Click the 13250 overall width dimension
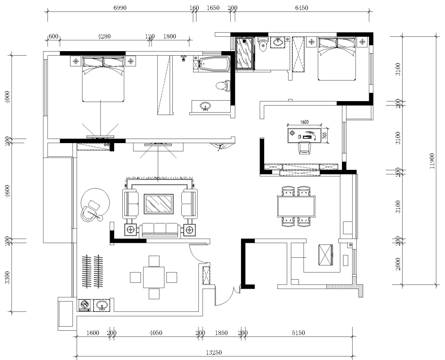214,352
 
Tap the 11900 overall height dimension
432,161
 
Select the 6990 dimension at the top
120,8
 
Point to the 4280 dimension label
104,36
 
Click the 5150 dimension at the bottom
298,332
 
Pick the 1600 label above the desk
304,122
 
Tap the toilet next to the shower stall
263,44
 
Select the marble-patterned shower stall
244,54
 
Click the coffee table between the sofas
159,204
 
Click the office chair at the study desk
304,148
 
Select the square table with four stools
154,277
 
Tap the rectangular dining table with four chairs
296,207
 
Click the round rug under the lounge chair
95,202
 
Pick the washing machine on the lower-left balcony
84,305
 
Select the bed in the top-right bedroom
337,59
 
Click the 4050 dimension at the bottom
155,332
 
